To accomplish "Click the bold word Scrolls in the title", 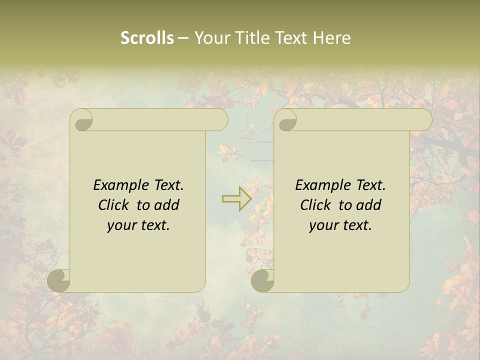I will pyautogui.click(x=147, y=38).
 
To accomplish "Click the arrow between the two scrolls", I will pyautogui.click(x=236, y=198).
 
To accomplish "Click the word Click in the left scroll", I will pyautogui.click(x=113, y=205).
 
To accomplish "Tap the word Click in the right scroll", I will pyautogui.click(x=315, y=205).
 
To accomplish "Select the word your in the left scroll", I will pyautogui.click(x=119, y=226).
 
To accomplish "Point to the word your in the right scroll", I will pyautogui.click(x=321, y=226).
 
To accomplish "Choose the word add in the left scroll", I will pyautogui.click(x=167, y=205).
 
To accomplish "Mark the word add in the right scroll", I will pyautogui.click(x=369, y=205).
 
